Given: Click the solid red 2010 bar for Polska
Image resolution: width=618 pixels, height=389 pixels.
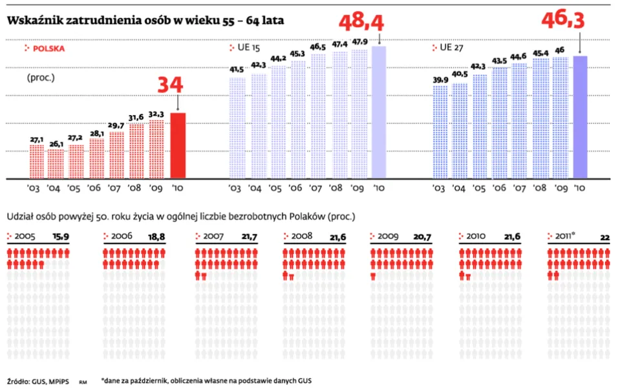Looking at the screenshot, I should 178,145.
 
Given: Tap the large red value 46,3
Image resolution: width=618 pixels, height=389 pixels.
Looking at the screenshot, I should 562,21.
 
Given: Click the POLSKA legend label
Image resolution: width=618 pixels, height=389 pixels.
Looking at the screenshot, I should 48,48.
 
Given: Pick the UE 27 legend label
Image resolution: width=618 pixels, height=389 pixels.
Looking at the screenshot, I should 452,48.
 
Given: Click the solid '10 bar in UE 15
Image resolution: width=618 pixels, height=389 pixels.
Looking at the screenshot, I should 379,112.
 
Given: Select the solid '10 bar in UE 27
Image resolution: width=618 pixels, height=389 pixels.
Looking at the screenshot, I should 580,117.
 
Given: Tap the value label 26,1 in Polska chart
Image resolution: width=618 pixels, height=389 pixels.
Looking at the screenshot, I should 56,144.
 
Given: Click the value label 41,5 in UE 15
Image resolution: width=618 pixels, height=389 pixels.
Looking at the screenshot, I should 237,70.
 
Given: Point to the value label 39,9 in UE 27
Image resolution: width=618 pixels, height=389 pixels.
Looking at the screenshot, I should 439,79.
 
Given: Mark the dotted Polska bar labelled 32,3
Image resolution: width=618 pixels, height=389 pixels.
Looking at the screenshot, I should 156,149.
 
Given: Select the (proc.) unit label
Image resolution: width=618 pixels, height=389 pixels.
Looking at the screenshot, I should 40,78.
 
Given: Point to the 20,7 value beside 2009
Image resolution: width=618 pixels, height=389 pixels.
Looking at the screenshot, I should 422,237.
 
